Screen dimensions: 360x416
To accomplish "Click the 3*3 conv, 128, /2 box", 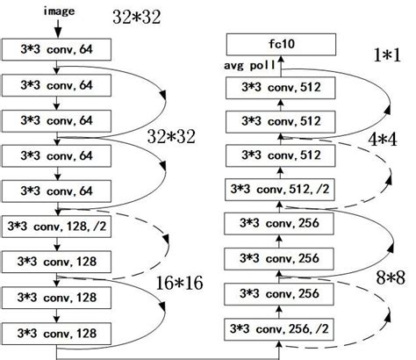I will [x=56, y=226].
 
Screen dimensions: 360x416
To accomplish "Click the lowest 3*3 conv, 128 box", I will [x=56, y=334].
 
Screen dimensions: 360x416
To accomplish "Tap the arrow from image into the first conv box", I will [x=56, y=28].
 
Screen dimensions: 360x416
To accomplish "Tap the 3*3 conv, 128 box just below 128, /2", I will [x=56, y=262].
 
